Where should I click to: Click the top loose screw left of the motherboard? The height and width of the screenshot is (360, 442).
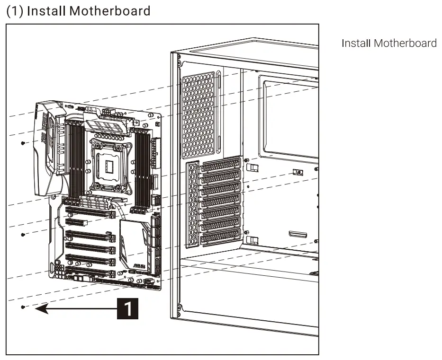pyautogui.click(x=23, y=142)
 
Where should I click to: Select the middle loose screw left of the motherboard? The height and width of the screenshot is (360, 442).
pyautogui.click(x=23, y=234)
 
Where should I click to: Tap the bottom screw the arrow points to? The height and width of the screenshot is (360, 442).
pyautogui.click(x=23, y=307)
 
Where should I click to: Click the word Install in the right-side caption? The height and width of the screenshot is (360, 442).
pyautogui.click(x=356, y=44)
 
